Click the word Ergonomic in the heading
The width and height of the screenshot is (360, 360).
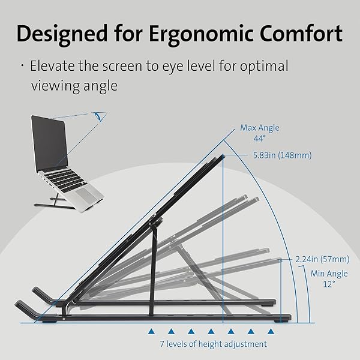[x=202, y=35]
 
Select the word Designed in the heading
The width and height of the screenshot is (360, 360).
[x=62, y=35]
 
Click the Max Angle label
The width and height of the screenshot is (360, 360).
[x=260, y=128]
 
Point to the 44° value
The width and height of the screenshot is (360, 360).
[x=259, y=139]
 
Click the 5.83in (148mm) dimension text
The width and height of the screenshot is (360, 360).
[x=283, y=155]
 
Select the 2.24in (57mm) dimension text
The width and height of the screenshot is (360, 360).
[x=322, y=259]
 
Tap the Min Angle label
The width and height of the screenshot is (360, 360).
[x=329, y=274]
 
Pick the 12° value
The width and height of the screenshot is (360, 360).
[x=329, y=284]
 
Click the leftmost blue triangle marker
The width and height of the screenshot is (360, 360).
[x=151, y=331]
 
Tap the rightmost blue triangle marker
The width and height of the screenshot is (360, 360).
[x=271, y=331]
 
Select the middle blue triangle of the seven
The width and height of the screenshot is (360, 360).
[x=211, y=331]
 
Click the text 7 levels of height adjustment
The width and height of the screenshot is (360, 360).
[x=213, y=344]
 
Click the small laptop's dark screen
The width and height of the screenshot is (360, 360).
[x=50, y=141]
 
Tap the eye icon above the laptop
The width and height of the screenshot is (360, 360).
[x=99, y=116]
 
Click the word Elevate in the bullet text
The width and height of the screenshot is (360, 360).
[x=52, y=66]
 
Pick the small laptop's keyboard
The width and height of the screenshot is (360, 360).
[x=65, y=181]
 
